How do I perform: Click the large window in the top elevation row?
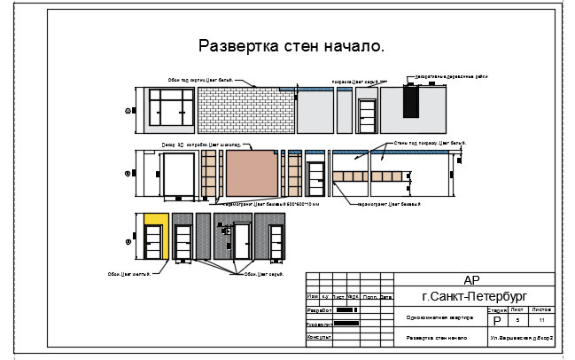coord(172,108)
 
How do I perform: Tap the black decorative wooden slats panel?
coord(409,101)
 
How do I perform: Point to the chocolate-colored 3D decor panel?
coord(253,171)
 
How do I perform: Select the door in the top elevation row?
coord(367,115)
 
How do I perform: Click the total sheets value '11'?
coord(541,320)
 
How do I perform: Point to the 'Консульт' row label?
coord(318,337)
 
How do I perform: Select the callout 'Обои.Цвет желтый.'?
coord(129,274)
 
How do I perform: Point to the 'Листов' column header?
coord(541,309)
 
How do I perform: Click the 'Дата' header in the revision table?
coord(386,297)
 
